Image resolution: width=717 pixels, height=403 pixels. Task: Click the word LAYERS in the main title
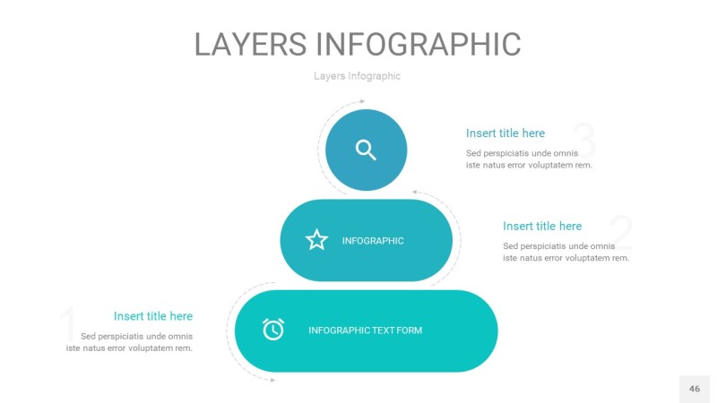tap(251, 44)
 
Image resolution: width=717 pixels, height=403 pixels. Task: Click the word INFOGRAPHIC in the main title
tap(419, 44)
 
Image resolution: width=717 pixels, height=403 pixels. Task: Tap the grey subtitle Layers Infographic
tap(357, 76)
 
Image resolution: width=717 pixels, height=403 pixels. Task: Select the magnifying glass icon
tap(366, 150)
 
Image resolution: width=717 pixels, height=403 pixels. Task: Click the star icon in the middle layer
tap(316, 240)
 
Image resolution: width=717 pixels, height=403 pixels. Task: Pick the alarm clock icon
tap(273, 329)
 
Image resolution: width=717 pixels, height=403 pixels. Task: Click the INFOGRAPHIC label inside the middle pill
tap(373, 241)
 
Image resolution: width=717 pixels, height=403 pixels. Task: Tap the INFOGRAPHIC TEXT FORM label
tap(365, 330)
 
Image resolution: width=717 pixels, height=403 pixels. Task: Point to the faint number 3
tap(584, 139)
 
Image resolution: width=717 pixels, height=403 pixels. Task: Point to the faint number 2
tap(621, 233)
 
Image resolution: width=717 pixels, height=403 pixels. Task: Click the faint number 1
tap(69, 323)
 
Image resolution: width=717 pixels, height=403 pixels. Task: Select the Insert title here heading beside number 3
tap(505, 133)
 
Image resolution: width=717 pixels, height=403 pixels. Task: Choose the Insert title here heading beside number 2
tap(542, 226)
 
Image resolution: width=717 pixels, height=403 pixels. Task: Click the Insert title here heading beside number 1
tap(153, 316)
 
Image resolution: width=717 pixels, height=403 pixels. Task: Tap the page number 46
tap(695, 389)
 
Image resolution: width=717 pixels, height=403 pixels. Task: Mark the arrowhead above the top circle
tap(362, 101)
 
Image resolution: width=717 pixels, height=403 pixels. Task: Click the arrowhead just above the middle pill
tap(415, 192)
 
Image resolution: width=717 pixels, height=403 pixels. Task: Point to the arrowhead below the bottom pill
tap(272, 380)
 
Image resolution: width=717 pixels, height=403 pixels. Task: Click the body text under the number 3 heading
tap(529, 159)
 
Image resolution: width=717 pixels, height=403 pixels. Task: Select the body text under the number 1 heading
tap(129, 342)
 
